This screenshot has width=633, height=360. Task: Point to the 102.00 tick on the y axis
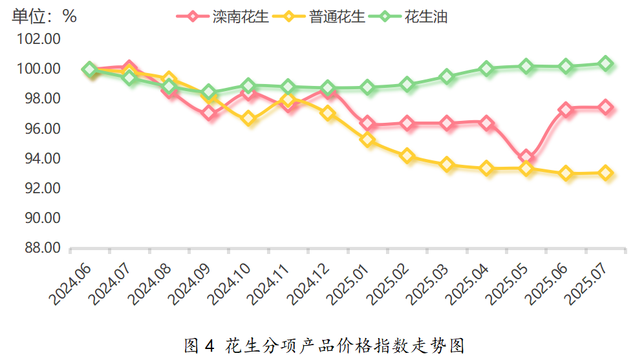[x=39, y=39]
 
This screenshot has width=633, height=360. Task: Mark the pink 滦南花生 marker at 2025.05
[x=526, y=157]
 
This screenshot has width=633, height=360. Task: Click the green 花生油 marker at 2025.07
[x=606, y=63]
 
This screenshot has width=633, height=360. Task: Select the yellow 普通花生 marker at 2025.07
[x=606, y=173]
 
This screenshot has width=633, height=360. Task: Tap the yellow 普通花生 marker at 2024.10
[x=249, y=118]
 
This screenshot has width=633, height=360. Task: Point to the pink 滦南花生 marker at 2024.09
[x=209, y=113]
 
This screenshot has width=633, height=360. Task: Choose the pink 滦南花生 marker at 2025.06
[x=566, y=110]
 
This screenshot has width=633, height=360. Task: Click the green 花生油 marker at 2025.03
[x=447, y=76]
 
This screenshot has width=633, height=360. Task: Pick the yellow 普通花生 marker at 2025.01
[x=368, y=139]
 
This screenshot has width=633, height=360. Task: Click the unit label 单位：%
[x=44, y=17]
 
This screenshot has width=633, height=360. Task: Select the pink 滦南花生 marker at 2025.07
[x=606, y=107]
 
